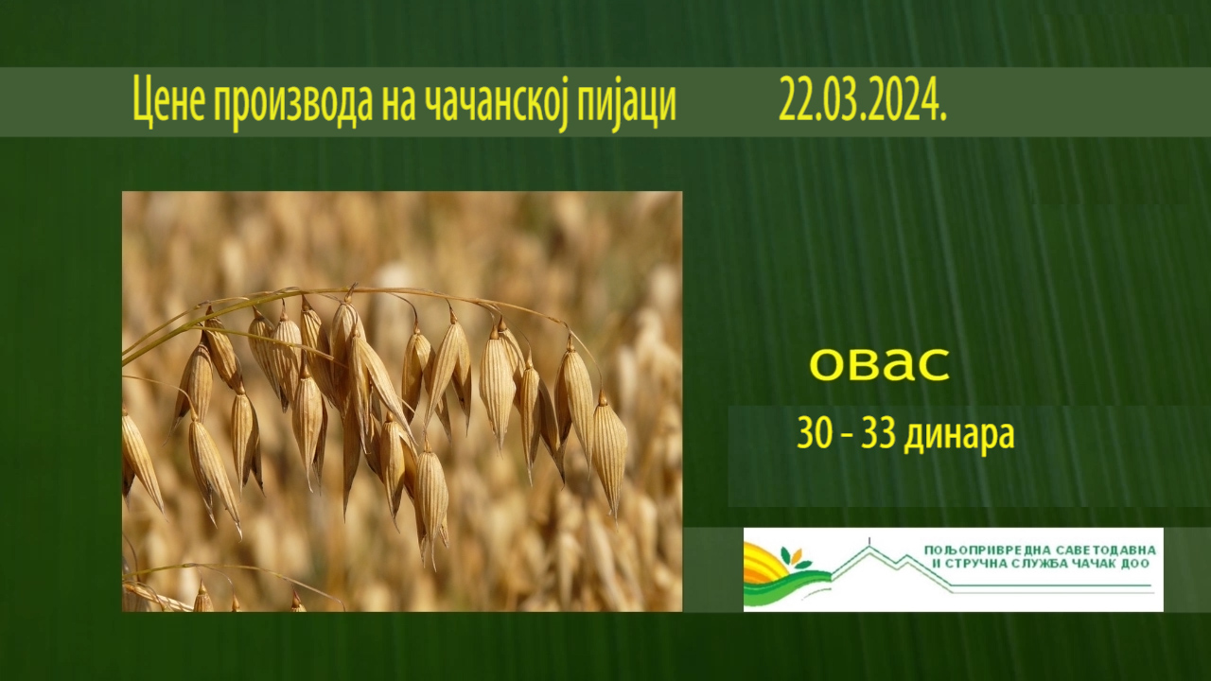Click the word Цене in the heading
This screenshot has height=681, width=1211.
point(168,100)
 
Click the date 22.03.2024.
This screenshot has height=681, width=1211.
point(862,99)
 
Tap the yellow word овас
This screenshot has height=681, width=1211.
point(879,364)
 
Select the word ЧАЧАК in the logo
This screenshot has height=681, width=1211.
point(1096,564)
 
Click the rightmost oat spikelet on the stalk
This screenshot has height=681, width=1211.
point(610,454)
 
